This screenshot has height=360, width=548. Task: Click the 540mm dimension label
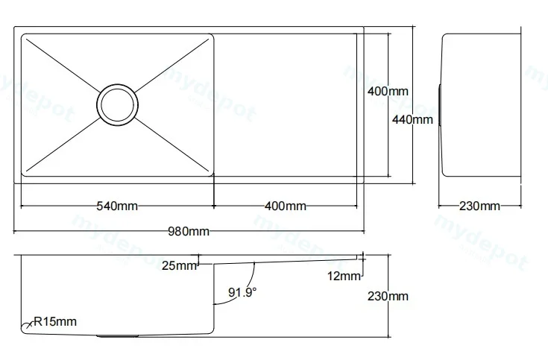coord(117,206)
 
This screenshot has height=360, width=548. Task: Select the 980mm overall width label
coord(189,231)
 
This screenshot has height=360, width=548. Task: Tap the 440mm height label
coord(412,119)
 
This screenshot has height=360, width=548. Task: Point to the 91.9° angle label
coord(242,292)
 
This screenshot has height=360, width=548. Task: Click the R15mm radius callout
coord(55,321)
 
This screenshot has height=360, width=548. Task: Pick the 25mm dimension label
coord(180,265)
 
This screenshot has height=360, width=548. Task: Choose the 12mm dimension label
coord(344,276)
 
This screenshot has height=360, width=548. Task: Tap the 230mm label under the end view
coord(479,206)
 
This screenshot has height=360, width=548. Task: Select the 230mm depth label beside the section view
coord(388,296)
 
